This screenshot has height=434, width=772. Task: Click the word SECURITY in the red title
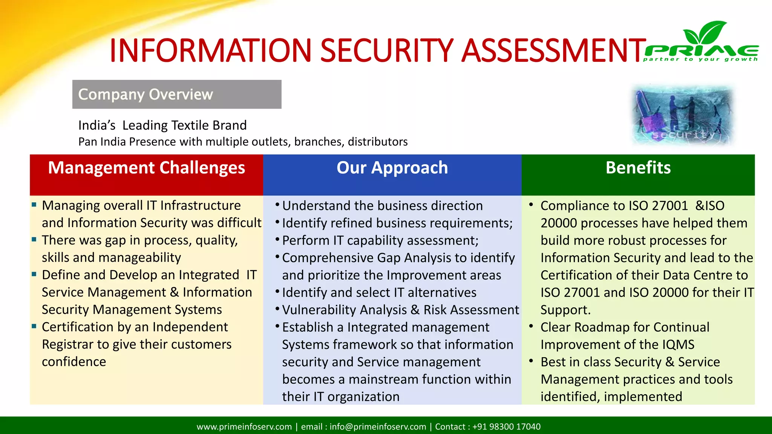point(386,51)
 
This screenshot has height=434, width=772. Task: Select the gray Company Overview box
point(176,94)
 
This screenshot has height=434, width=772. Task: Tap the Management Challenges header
point(146,168)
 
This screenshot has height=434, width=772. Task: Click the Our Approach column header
point(392,168)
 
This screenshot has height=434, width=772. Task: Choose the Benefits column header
point(638,168)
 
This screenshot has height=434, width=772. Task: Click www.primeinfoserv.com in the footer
point(244,426)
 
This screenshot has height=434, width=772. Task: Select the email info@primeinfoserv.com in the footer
point(378,426)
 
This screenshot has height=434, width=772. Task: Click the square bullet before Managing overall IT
point(34,205)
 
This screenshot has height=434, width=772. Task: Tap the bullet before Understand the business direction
point(277,205)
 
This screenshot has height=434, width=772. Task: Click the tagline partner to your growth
point(700,59)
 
